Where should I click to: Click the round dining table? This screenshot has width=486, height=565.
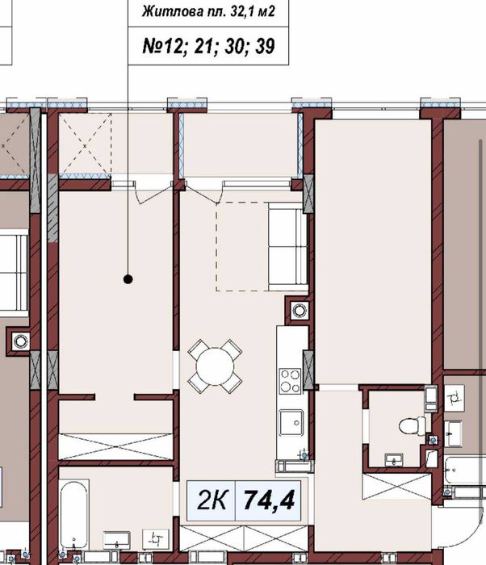coord(215,366)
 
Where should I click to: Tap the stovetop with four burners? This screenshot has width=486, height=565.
coord(291,381)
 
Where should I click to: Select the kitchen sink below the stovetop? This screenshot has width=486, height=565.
coord(291,422)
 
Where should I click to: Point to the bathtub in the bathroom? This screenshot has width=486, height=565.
coord(74,515)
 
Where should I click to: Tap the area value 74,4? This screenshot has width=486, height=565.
coord(269,500)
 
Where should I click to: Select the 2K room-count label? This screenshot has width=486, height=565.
coord(212,500)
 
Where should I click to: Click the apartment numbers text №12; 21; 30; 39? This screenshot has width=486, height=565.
coord(209,46)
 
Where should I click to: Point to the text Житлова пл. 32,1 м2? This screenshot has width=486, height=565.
coord(208,12)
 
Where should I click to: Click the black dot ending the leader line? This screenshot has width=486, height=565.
coord(128,279)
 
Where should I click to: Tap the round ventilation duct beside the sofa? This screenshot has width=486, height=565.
coord(300,309)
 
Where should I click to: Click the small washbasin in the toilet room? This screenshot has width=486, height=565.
coord(394,460)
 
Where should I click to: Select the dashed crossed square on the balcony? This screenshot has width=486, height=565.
coord(85,146)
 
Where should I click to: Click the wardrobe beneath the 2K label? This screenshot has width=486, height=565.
coord(244,538)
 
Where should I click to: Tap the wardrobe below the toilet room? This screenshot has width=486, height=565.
coord(396,487)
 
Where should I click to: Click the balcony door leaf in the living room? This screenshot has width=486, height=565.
coord(203,193)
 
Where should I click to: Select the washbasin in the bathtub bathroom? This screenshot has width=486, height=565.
coord(116,540)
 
